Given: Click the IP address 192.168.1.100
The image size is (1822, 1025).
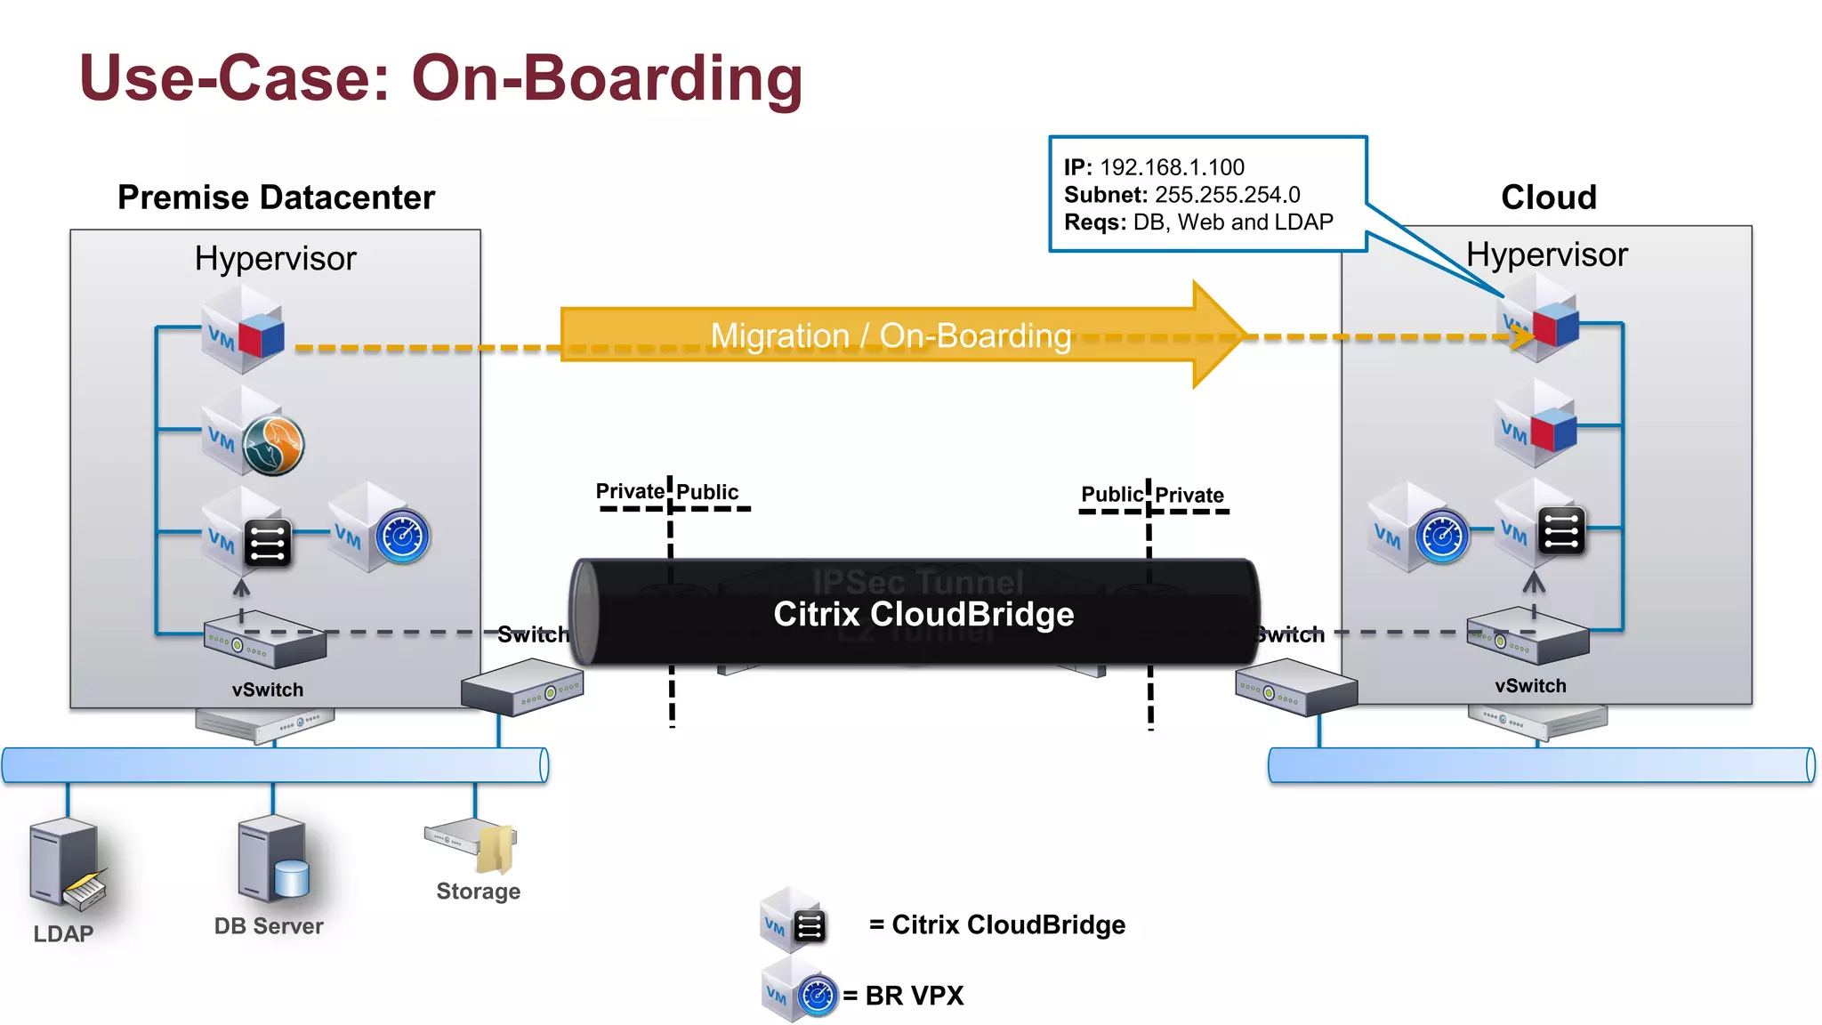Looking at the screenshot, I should (x=1172, y=167).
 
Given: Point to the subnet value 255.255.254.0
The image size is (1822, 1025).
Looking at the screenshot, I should (x=1227, y=195).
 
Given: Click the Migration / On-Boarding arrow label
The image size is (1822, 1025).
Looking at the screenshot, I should (x=890, y=336).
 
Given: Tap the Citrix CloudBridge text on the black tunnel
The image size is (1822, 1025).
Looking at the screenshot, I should (x=923, y=614).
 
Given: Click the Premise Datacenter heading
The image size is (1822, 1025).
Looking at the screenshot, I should (x=276, y=198).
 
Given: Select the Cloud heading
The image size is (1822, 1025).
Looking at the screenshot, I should (x=1548, y=198).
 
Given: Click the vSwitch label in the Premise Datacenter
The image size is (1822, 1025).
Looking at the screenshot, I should (x=267, y=690).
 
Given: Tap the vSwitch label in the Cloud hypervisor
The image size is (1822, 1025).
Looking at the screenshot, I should (x=1530, y=686).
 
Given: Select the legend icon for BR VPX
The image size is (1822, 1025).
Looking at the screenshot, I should (x=799, y=991).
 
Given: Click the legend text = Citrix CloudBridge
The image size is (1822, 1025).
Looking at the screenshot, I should (x=996, y=924).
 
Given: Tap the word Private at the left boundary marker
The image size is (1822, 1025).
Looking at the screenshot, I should (x=629, y=491).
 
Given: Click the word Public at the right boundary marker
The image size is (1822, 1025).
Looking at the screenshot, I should (x=1111, y=494).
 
